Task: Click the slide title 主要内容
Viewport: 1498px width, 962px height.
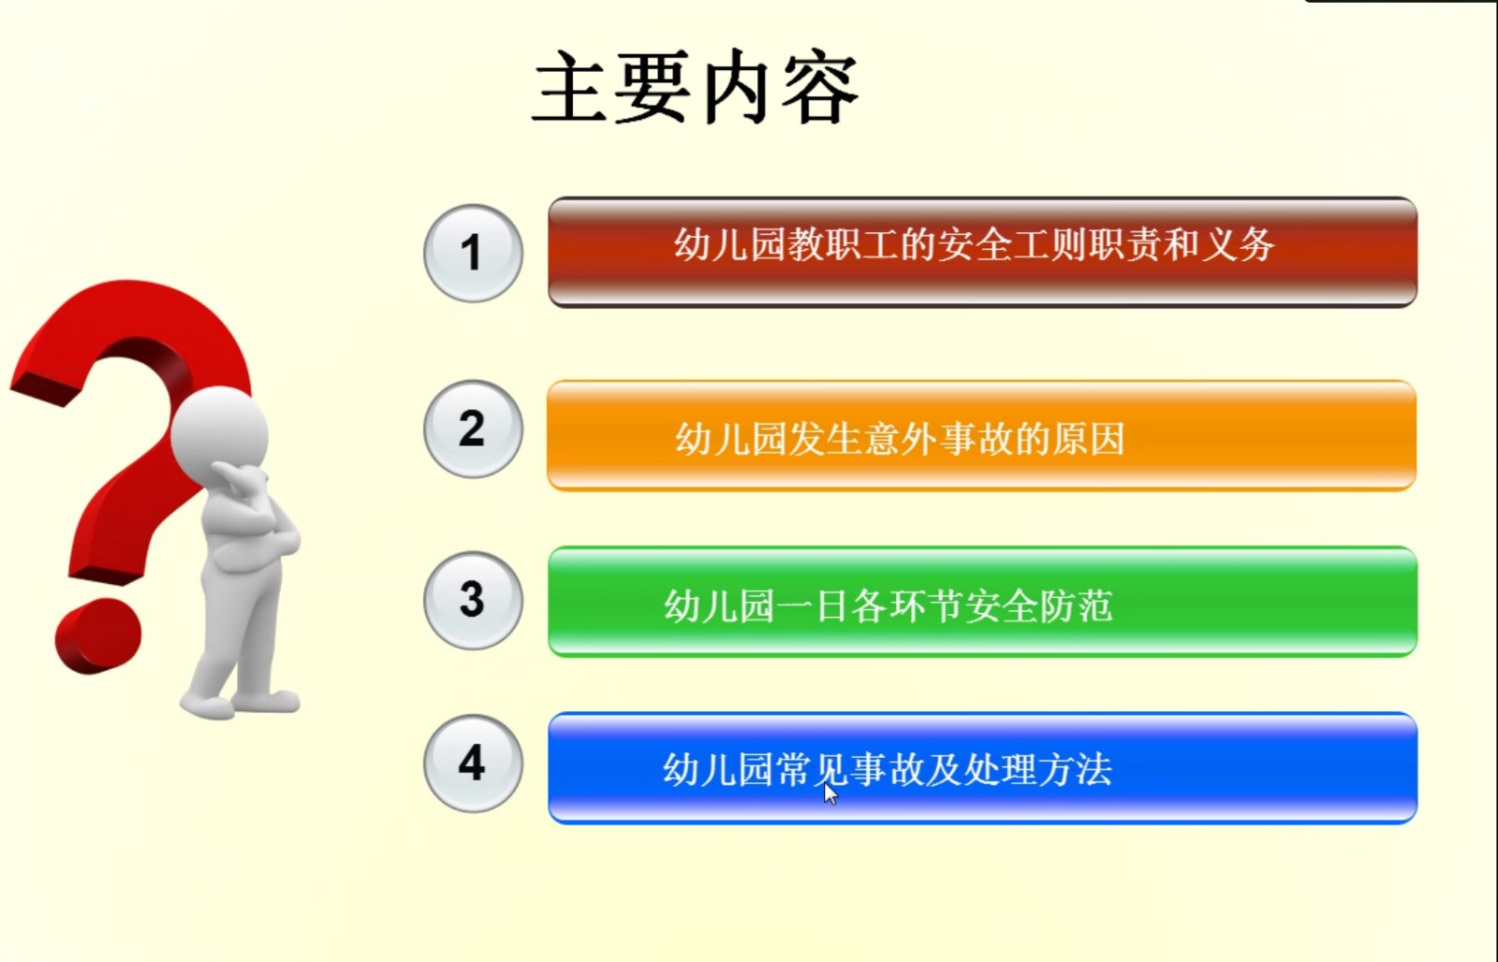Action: coord(696,87)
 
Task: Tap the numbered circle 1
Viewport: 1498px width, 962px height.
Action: coord(474,253)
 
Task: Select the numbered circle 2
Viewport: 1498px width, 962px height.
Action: coord(474,429)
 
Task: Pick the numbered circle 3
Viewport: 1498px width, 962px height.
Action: coord(474,600)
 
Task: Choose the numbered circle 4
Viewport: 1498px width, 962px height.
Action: coord(474,764)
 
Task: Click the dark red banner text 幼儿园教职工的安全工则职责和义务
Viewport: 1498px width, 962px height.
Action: coord(975,244)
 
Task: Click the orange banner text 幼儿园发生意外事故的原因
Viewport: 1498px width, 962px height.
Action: coord(900,439)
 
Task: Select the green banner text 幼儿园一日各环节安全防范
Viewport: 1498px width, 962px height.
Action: coord(889,605)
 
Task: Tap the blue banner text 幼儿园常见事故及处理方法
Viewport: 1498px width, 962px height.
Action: coord(888,769)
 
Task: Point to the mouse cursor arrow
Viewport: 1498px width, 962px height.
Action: coord(830,794)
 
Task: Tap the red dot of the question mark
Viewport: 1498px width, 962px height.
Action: coord(98,635)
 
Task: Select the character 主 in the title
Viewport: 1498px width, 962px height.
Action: coord(571,87)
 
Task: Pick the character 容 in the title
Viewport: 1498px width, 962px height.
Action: coord(820,87)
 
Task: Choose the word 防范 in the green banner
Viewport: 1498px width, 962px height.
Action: coord(1077,605)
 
